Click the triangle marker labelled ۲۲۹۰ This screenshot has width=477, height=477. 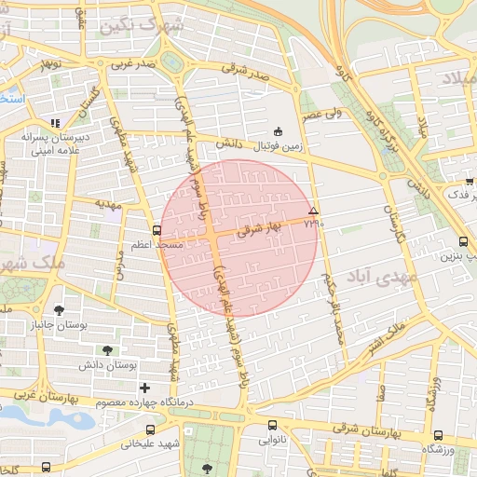coord(314,211)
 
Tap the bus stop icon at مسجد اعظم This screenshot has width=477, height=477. coord(156,230)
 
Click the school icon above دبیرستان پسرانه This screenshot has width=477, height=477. coord(55,122)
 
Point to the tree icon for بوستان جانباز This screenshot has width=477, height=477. coord(59,310)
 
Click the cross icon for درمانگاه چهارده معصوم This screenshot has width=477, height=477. coord(143,387)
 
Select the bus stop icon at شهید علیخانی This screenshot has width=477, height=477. coord(151,429)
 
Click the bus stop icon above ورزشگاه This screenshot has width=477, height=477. coord(439,435)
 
